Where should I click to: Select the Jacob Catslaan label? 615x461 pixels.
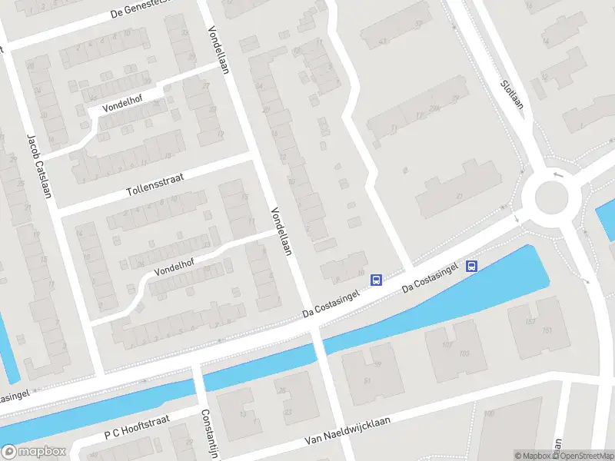(x=39, y=166)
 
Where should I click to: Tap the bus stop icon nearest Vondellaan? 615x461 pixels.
(x=377, y=280)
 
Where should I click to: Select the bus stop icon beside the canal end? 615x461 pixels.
(x=472, y=267)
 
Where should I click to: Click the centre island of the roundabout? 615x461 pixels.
(x=551, y=197)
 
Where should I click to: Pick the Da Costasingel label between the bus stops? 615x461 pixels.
(x=432, y=277)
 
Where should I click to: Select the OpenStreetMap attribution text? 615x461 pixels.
(x=583, y=456)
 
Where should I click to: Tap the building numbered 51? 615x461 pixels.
(x=367, y=380)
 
